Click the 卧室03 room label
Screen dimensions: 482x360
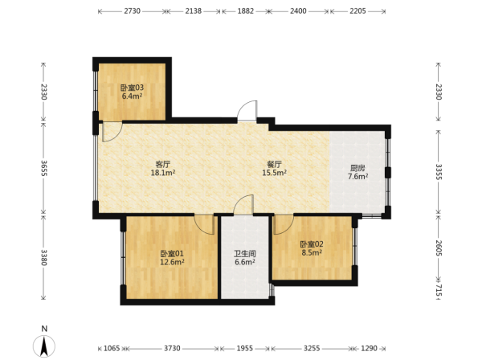click(132, 88)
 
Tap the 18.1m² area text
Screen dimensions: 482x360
click(163, 173)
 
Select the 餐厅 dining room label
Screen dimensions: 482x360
click(274, 164)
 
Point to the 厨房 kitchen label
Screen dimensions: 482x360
click(357, 168)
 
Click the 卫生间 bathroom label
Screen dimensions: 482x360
click(245, 254)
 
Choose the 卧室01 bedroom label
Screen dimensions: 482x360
click(172, 254)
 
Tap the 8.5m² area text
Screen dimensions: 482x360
click(312, 252)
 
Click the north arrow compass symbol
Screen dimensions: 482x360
click(44, 346)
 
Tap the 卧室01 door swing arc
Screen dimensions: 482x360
click(200, 227)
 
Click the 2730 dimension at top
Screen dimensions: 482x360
click(133, 11)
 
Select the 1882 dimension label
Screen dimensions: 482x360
click(246, 11)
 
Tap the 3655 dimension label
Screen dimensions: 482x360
click(43, 168)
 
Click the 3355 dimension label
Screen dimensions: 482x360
click(439, 172)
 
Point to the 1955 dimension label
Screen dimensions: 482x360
click(245, 348)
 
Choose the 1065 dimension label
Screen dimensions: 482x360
click(112, 348)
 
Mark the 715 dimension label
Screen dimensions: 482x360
click(439, 291)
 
